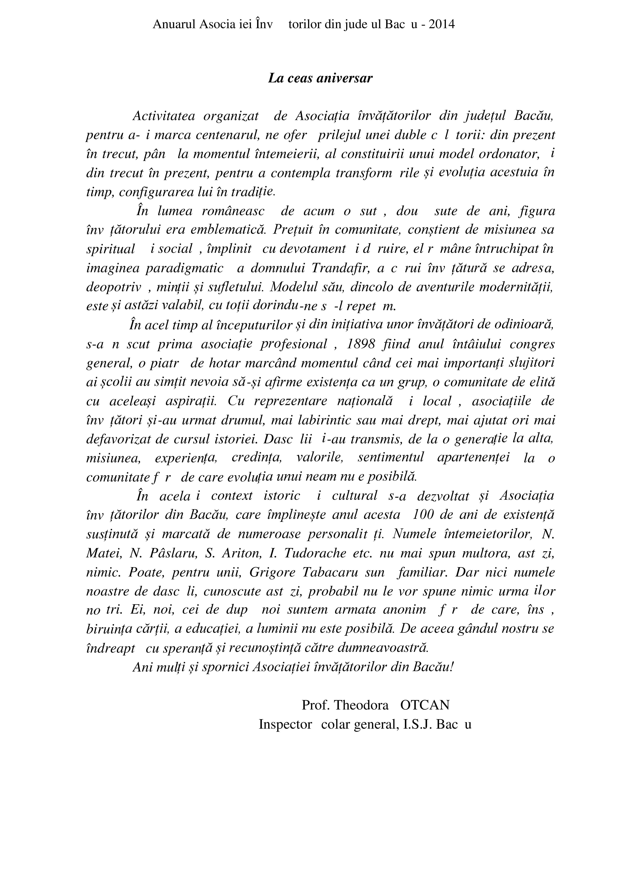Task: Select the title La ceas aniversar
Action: (320, 78)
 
